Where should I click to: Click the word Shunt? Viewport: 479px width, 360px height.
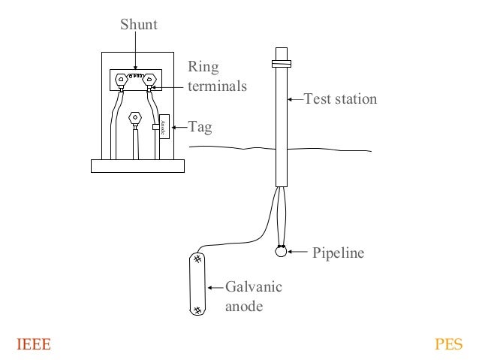click(x=139, y=26)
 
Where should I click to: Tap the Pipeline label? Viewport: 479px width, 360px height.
click(x=338, y=253)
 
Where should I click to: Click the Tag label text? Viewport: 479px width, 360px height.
click(x=200, y=128)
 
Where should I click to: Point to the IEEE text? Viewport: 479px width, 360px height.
click(x=34, y=345)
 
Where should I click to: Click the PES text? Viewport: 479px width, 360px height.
click(x=449, y=345)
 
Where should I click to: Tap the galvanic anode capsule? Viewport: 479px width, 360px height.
click(x=197, y=284)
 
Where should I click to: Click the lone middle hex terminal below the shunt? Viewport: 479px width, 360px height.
click(x=135, y=118)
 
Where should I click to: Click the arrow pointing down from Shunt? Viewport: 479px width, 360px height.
click(x=135, y=53)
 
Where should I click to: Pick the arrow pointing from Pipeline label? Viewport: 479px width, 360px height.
click(x=298, y=253)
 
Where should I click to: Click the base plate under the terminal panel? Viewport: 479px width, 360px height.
click(x=137, y=166)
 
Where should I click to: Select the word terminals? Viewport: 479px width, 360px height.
click(x=217, y=86)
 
